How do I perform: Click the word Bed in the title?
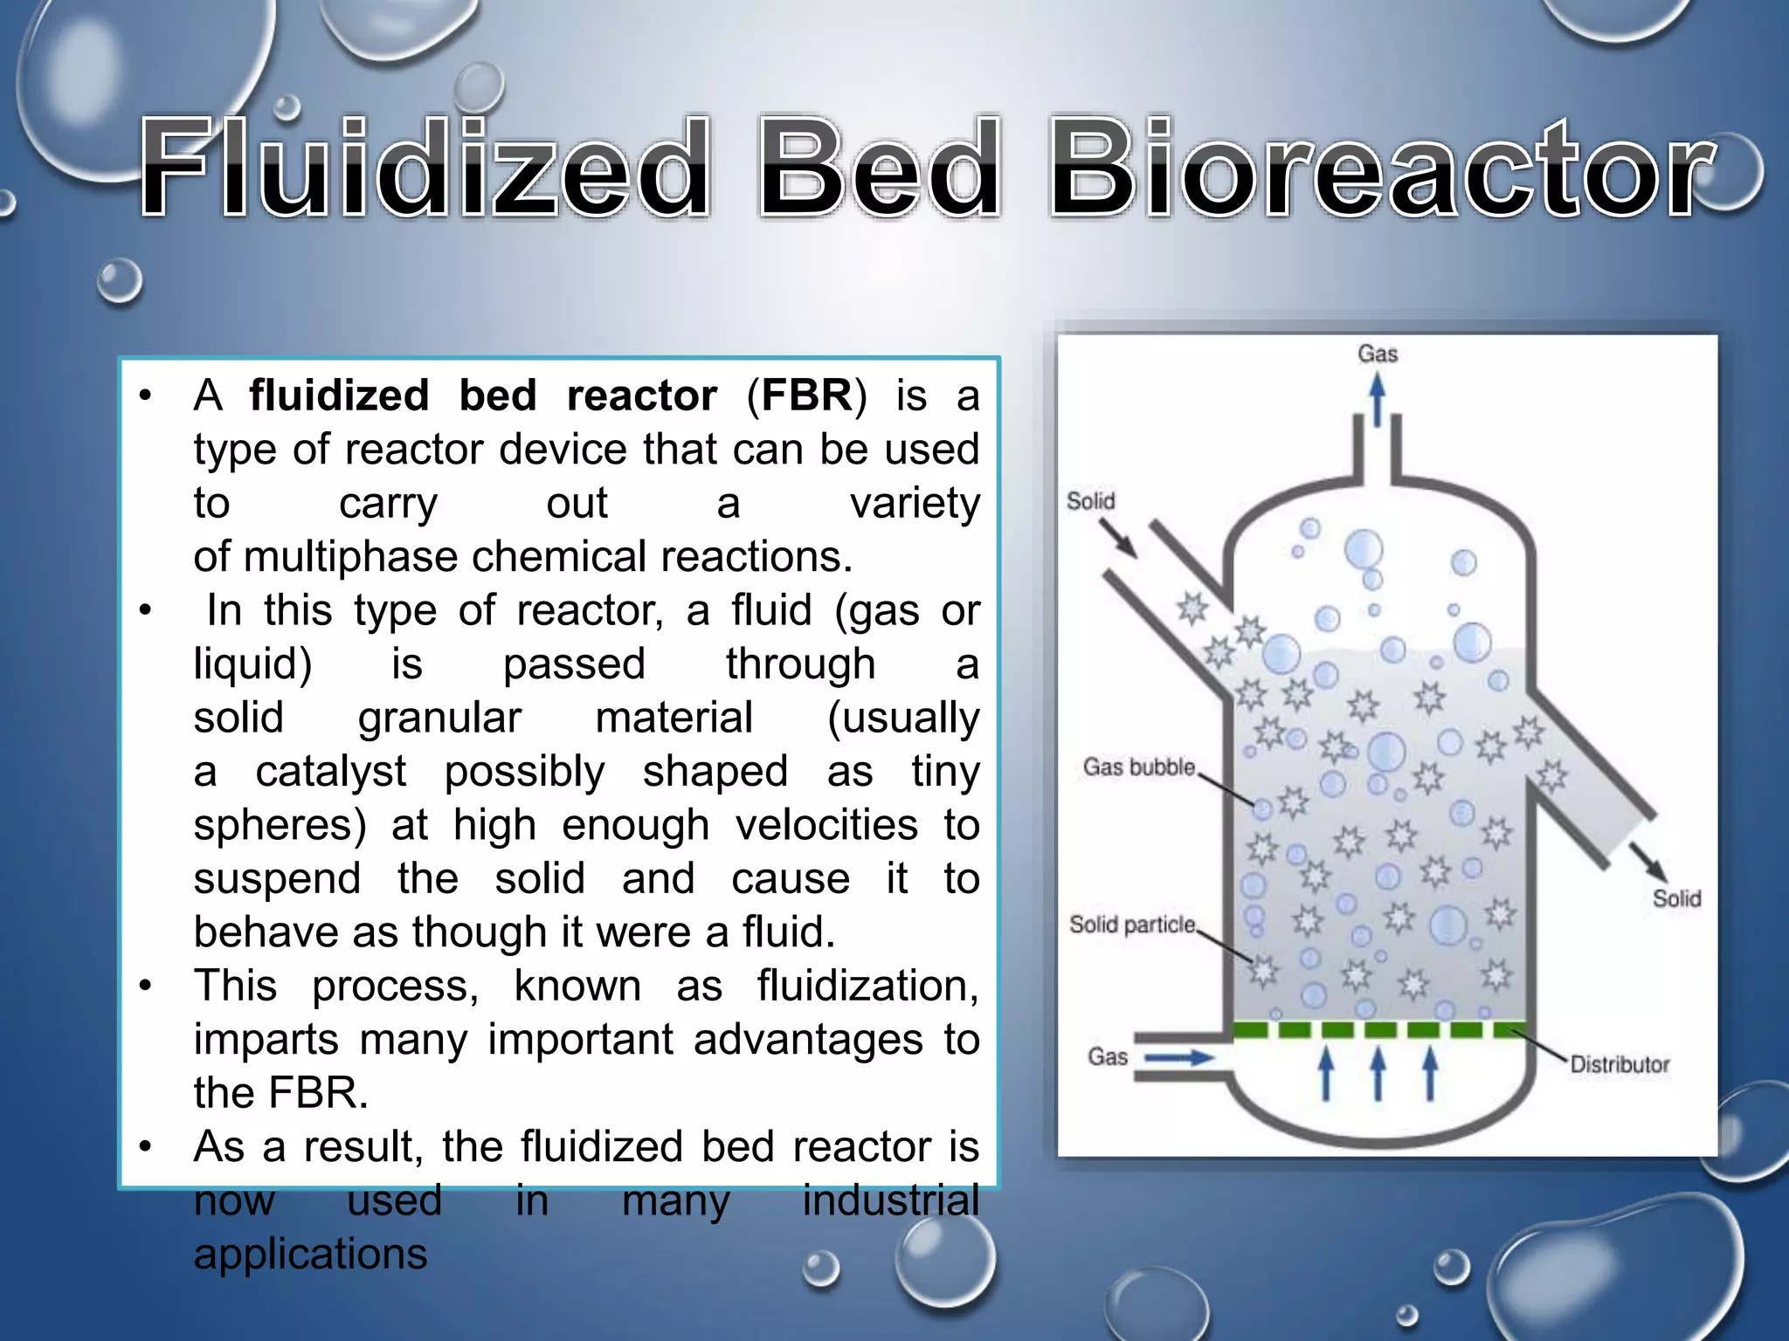[879, 168]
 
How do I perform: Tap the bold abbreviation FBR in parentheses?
[806, 395]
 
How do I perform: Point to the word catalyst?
[331, 772]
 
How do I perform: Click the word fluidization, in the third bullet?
[867, 987]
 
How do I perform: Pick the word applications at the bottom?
[310, 1255]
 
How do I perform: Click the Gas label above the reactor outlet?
[1378, 354]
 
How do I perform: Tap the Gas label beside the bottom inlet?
[1108, 1057]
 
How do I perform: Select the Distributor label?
[1620, 1064]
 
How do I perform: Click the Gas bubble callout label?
[1138, 767]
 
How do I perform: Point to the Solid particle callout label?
[1132, 925]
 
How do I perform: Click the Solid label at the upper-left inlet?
[1090, 501]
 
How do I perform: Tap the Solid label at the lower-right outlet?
[1676, 898]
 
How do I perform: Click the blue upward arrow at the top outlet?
[1378, 400]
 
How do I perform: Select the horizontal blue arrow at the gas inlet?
[1179, 1058]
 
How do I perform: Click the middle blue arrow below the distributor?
[1378, 1072]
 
